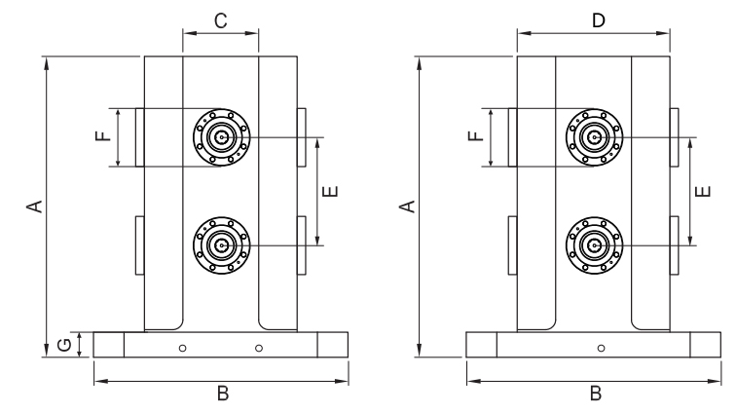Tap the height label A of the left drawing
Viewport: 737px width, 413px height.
point(34,206)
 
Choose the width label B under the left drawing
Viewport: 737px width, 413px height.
point(222,394)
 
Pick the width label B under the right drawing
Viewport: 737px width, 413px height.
point(595,394)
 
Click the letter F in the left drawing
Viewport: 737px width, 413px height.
point(101,137)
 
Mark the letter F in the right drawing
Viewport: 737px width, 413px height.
point(474,137)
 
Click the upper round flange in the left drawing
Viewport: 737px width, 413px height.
point(222,137)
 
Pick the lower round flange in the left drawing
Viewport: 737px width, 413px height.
point(222,244)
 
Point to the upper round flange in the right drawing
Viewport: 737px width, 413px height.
point(594,137)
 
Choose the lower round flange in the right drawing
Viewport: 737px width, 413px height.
point(594,244)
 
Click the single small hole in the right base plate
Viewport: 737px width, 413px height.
point(601,348)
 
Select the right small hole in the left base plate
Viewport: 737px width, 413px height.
point(259,348)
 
